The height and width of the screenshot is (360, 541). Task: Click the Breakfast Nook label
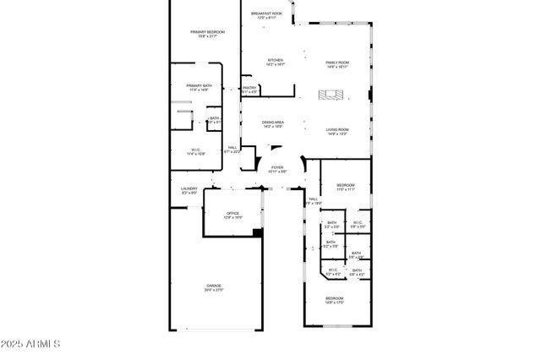tap(265, 14)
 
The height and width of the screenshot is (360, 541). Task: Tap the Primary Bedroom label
tap(204, 32)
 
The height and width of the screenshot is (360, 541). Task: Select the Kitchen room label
tap(276, 60)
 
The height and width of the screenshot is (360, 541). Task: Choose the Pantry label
tap(249, 87)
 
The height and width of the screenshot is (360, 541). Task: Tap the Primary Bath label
tap(199, 85)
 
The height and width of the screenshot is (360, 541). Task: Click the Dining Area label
tap(273, 123)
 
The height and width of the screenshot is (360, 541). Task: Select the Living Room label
tap(337, 129)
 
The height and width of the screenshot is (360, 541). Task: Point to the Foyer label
tap(277, 167)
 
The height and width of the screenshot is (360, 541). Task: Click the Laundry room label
tap(189, 188)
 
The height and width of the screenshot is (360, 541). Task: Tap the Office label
tap(232, 213)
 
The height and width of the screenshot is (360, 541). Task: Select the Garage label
tap(213, 286)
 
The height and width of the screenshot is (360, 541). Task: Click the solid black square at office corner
tap(258, 232)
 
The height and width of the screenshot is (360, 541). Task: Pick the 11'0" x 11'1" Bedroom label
tap(346, 185)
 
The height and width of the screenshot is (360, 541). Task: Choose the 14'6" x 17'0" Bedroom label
tap(336, 297)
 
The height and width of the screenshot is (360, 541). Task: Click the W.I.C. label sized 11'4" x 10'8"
tap(194, 150)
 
